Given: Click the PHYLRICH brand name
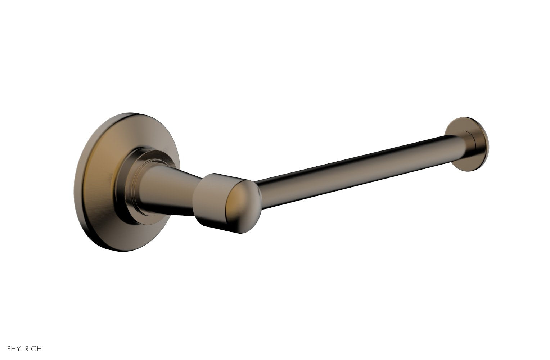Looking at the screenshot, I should tap(25, 348).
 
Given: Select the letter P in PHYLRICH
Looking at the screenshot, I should tap(9, 348).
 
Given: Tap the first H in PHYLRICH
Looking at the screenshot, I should tap(13, 348).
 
